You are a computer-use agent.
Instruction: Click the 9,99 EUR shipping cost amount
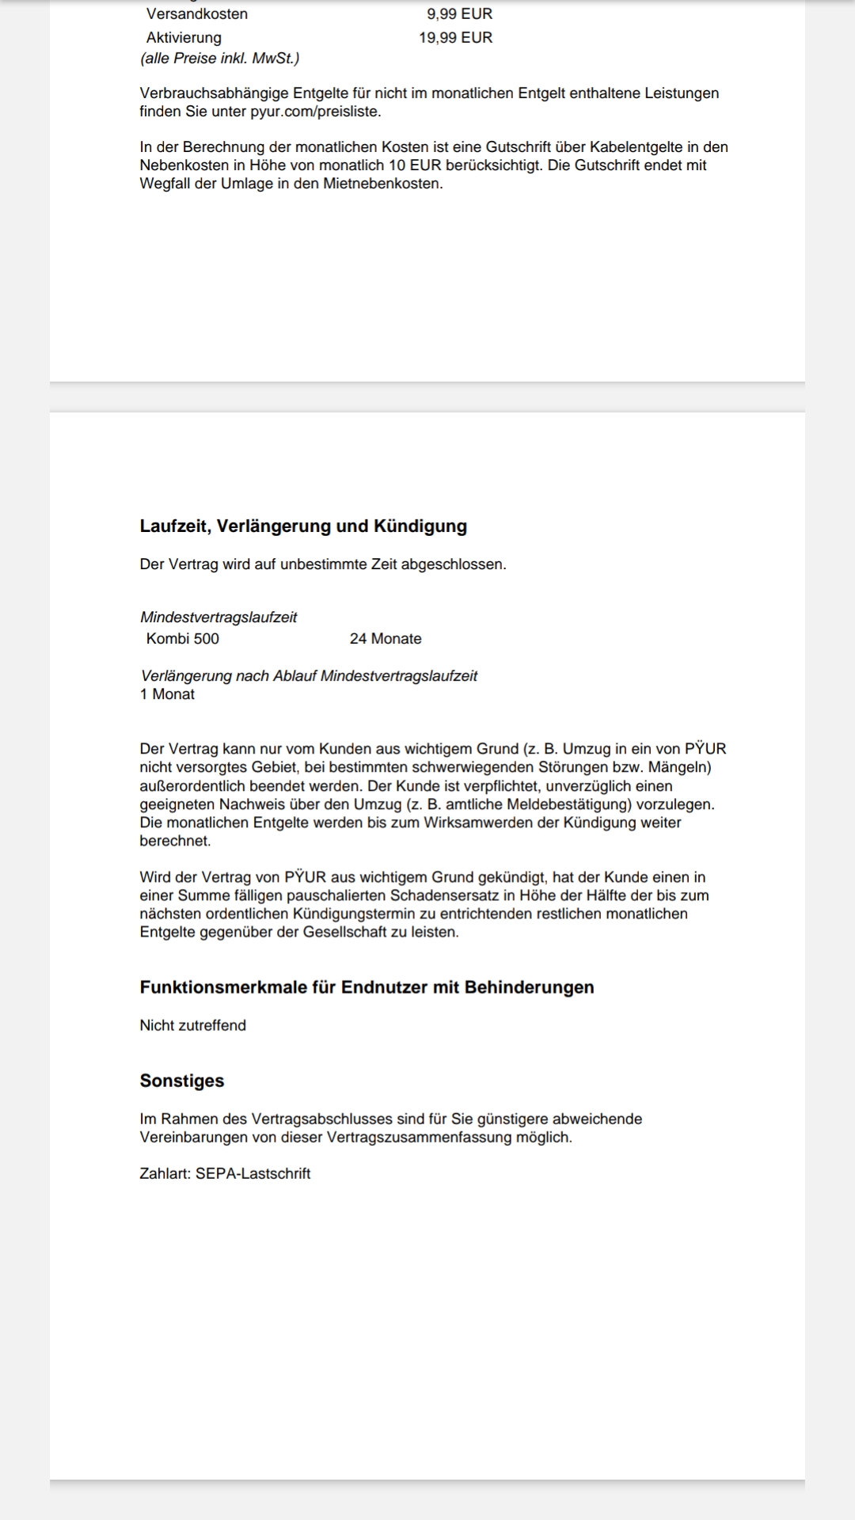pyautogui.click(x=459, y=14)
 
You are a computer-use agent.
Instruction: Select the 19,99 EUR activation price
pyautogui.click(x=455, y=38)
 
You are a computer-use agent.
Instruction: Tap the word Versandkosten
pyautogui.click(x=197, y=14)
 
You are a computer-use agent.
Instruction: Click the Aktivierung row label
pyautogui.click(x=184, y=38)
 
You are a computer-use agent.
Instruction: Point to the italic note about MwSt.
pyautogui.click(x=219, y=59)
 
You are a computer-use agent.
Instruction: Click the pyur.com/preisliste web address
pyautogui.click(x=315, y=112)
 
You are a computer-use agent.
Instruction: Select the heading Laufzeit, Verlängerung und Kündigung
pyautogui.click(x=303, y=526)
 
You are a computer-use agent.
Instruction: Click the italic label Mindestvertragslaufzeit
pyautogui.click(x=218, y=617)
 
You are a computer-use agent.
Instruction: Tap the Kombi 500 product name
pyautogui.click(x=183, y=639)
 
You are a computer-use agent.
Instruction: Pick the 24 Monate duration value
pyautogui.click(x=386, y=639)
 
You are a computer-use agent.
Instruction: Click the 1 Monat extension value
pyautogui.click(x=167, y=694)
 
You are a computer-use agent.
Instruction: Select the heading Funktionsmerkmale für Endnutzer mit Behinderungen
pyautogui.click(x=367, y=988)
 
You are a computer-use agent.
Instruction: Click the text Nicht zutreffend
pyautogui.click(x=192, y=1025)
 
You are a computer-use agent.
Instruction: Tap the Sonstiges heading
pyautogui.click(x=182, y=1081)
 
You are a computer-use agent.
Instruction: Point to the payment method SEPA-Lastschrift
pyautogui.click(x=253, y=1174)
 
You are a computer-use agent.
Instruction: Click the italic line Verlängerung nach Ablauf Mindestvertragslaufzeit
pyautogui.click(x=309, y=676)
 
